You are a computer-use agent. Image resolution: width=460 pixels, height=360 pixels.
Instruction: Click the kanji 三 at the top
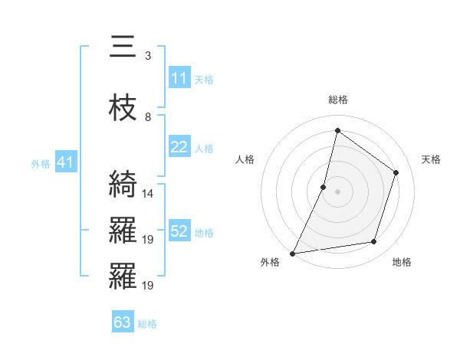click(123, 47)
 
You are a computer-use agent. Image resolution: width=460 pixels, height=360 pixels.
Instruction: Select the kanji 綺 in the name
click(123, 185)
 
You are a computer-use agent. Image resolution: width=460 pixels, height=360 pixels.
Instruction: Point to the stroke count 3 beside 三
click(147, 56)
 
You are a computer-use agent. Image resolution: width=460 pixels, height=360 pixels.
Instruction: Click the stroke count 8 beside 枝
click(147, 116)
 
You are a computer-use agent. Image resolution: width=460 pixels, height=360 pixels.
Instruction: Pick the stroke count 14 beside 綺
click(149, 194)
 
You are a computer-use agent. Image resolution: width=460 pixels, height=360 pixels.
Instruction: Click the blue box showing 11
click(179, 78)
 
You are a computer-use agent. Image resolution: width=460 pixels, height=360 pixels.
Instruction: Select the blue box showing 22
click(179, 148)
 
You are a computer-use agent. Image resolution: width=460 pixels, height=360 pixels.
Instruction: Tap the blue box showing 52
click(179, 232)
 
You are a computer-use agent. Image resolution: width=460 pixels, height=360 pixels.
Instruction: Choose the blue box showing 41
click(65, 162)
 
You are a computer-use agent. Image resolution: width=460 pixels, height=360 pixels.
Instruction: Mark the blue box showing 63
click(123, 322)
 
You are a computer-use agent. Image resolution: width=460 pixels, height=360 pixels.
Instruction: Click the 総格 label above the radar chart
click(337, 100)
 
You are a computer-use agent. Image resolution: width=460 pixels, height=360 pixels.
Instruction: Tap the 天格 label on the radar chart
click(431, 159)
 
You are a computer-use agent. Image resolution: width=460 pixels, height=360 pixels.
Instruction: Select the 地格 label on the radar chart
click(402, 263)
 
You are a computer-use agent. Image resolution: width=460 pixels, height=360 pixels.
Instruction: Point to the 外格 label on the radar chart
click(270, 263)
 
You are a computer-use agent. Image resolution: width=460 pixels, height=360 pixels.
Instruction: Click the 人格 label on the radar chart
click(245, 159)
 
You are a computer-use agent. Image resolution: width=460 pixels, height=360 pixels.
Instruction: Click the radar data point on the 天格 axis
click(396, 172)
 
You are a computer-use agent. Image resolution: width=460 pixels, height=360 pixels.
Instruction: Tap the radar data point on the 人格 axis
click(324, 187)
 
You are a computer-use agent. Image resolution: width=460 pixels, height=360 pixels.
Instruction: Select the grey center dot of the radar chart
click(337, 191)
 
